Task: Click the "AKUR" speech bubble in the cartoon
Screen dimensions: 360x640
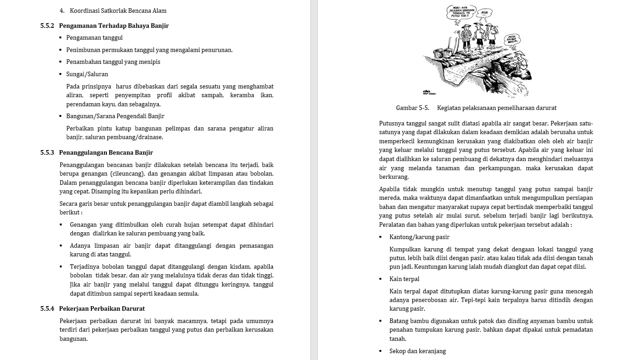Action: pyautogui.click(x=484, y=13)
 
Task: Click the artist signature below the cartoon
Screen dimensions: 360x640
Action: pyautogui.click(x=429, y=92)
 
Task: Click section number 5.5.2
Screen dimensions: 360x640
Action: pyautogui.click(x=47, y=26)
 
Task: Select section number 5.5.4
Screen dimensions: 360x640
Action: pyautogui.click(x=47, y=308)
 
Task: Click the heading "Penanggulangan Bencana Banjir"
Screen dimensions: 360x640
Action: pyautogui.click(x=106, y=152)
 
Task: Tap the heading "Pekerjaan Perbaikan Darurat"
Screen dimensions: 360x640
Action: pyautogui.click(x=102, y=308)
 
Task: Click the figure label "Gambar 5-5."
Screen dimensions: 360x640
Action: pyautogui.click(x=412, y=108)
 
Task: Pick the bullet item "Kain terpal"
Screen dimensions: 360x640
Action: pyautogui.click(x=404, y=279)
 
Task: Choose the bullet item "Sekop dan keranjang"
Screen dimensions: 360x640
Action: pyautogui.click(x=417, y=351)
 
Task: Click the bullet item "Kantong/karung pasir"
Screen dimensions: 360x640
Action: pyautogui.click(x=419, y=237)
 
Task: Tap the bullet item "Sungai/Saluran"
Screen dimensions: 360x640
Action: pyautogui.click(x=87, y=74)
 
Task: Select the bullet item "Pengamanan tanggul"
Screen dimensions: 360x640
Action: pyautogui.click(x=94, y=37)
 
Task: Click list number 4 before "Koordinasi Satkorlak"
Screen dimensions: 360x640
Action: pyautogui.click(x=62, y=10)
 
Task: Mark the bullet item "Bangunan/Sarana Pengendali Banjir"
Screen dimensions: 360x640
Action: pyautogui.click(x=115, y=116)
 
